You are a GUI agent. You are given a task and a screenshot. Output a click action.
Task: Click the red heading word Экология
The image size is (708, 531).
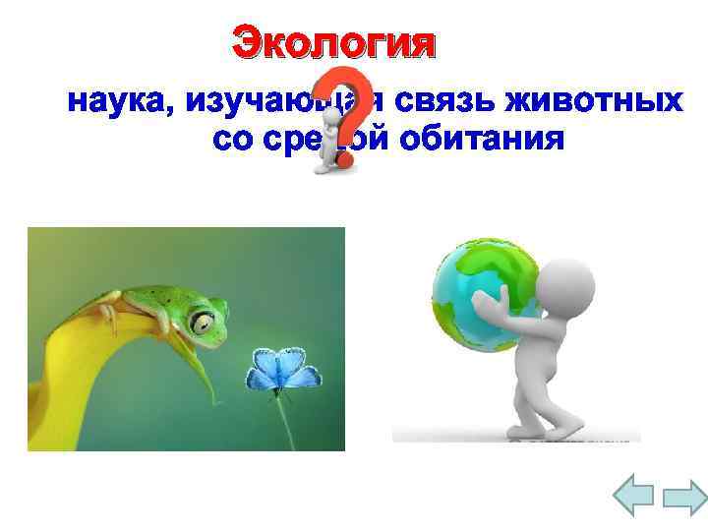[x=331, y=43]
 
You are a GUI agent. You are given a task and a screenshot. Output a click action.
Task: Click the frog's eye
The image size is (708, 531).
[x=204, y=321]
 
